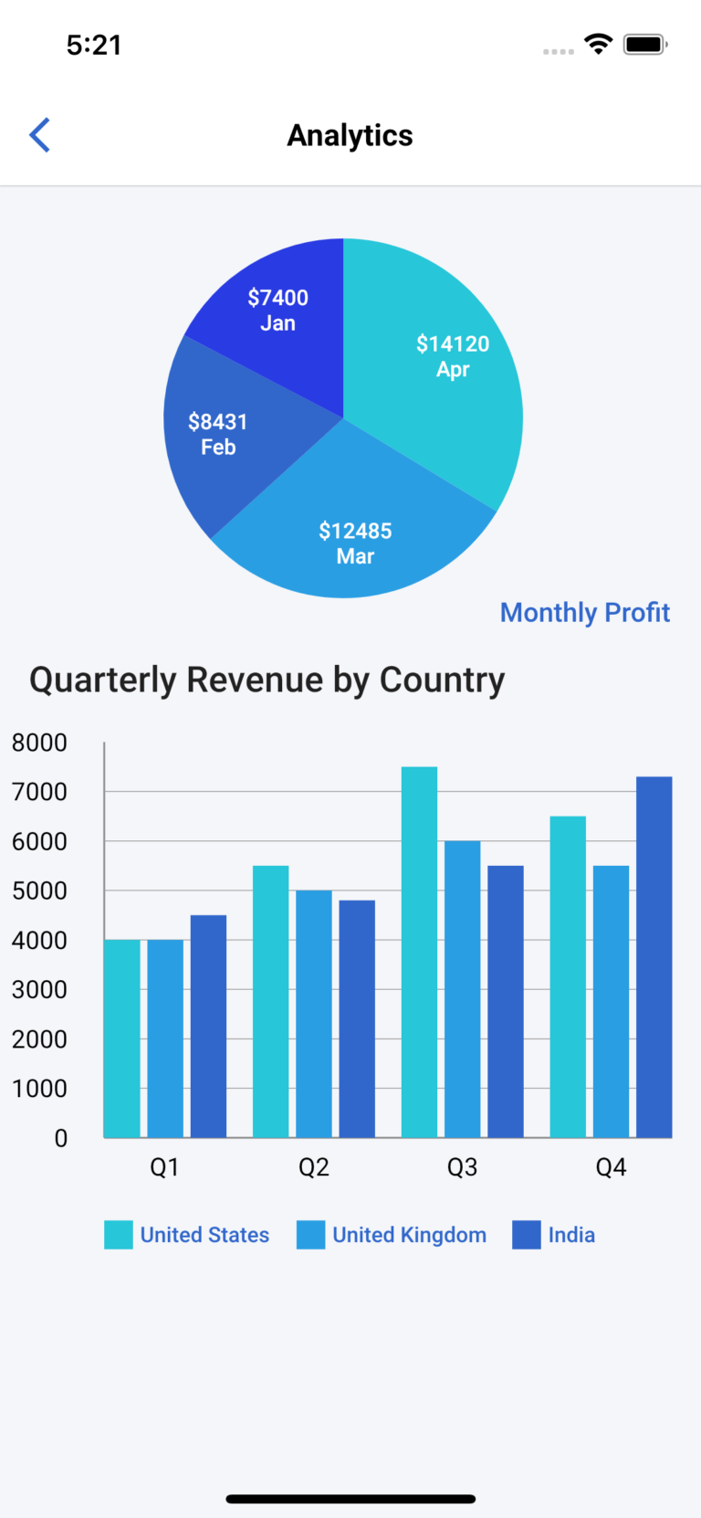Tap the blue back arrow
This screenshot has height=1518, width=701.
click(x=39, y=135)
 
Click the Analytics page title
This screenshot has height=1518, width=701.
click(x=350, y=135)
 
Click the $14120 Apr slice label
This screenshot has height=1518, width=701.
click(x=453, y=356)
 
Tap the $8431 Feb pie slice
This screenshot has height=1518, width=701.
click(x=218, y=435)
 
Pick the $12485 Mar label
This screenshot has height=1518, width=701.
click(x=355, y=543)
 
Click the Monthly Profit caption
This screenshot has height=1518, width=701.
click(x=584, y=612)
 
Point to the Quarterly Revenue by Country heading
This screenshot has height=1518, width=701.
click(x=267, y=680)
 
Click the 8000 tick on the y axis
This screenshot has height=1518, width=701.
click(x=39, y=743)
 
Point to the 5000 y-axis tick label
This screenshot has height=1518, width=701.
click(x=39, y=891)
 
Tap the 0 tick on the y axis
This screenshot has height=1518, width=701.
click(x=60, y=1138)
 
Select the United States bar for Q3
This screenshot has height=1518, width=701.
click(x=419, y=953)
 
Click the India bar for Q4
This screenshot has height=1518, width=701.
click(x=654, y=957)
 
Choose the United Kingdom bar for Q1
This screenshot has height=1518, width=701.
click(x=165, y=1038)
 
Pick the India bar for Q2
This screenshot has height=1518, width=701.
click(x=357, y=1018)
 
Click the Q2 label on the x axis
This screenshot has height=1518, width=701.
click(x=313, y=1167)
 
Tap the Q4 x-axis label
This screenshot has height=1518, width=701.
click(x=611, y=1167)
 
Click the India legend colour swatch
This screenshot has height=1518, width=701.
click(x=527, y=1235)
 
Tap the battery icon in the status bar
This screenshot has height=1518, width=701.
click(x=645, y=45)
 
